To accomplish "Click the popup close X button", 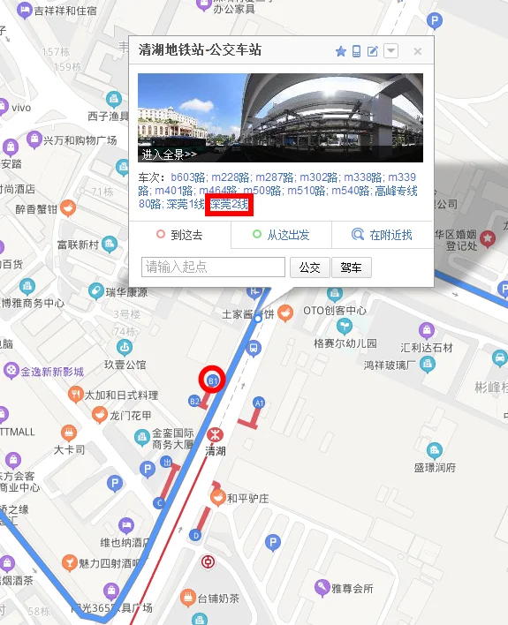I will (x=418, y=51).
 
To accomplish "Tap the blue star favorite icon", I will (x=340, y=51).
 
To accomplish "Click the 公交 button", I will (x=309, y=267).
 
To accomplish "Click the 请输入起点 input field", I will (x=213, y=267).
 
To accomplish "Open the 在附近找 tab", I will (x=383, y=235).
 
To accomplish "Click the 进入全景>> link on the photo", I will (x=168, y=154).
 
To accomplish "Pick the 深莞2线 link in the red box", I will (x=230, y=205).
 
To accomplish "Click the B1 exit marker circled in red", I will (x=213, y=380).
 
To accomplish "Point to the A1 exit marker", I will (x=259, y=402).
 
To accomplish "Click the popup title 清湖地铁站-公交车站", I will (x=201, y=51).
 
